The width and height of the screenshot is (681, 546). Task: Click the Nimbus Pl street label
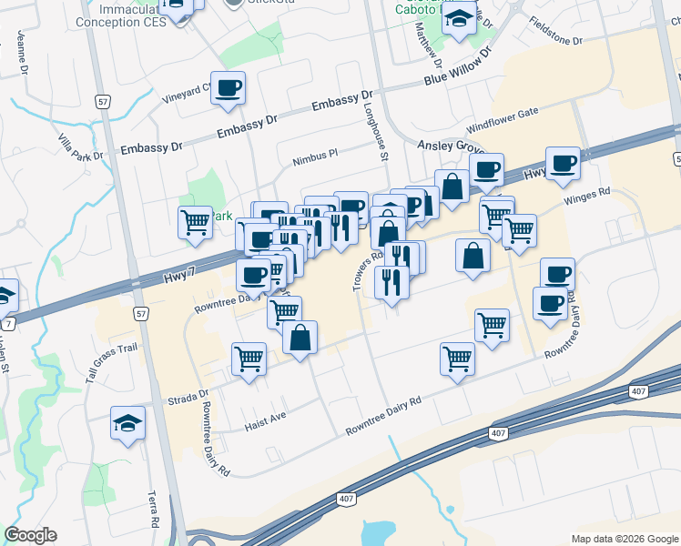pos(315,157)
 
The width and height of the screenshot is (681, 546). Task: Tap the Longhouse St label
pos(382,142)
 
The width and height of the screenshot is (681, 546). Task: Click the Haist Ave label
pos(265,424)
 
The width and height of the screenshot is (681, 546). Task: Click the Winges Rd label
pos(585,196)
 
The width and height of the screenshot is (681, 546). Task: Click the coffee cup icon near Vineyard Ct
pos(229,88)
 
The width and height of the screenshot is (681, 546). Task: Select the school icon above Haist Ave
pos(128,423)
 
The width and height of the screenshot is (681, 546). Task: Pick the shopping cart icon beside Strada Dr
pos(249,358)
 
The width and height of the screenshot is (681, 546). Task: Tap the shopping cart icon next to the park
pos(195,221)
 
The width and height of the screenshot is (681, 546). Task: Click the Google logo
pos(30,535)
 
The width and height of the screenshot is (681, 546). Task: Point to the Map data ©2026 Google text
pos(625,539)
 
